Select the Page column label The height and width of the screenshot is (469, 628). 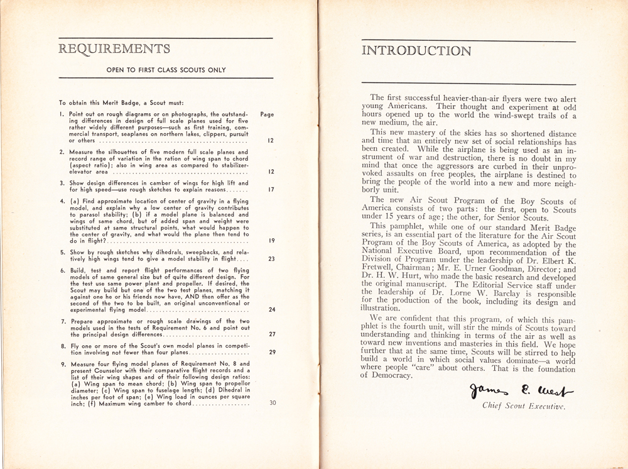267,115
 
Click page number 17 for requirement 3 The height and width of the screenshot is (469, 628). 270,189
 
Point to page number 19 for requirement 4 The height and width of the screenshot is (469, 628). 270,240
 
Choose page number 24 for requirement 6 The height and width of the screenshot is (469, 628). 271,309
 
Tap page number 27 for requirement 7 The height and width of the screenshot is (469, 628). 271,334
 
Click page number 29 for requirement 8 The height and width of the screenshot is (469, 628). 271,352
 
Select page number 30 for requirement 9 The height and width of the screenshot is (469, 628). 271,403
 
